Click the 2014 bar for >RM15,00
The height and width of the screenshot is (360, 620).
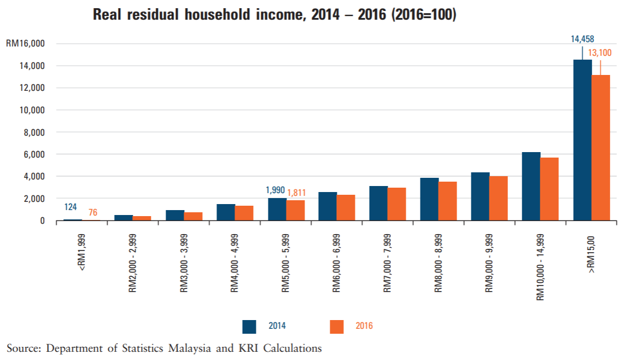(x=582, y=140)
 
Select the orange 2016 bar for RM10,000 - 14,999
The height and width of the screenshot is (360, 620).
(x=549, y=189)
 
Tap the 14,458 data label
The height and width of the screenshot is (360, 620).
(x=582, y=39)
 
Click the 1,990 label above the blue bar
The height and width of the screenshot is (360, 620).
(x=276, y=190)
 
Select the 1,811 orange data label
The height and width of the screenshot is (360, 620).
(x=296, y=193)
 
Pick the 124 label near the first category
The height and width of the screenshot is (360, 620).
(x=71, y=207)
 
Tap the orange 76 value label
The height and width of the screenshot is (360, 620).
(x=93, y=212)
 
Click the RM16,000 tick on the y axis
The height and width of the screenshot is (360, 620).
(x=25, y=43)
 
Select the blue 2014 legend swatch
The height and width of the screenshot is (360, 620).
(x=249, y=326)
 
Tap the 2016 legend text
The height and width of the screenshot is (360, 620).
(x=364, y=326)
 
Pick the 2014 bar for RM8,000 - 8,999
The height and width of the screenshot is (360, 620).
(x=429, y=199)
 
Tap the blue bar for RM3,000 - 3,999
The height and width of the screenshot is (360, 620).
(x=174, y=215)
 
